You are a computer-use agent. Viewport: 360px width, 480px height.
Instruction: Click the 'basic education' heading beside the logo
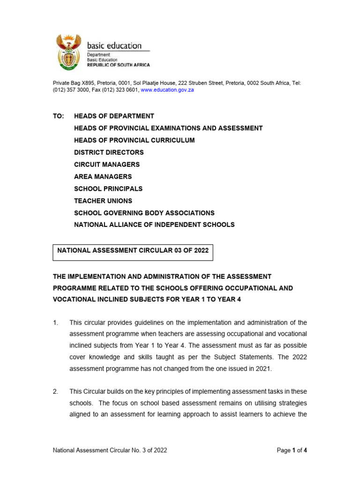pos(114,45)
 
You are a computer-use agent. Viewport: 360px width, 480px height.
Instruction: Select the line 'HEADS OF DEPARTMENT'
pos(114,116)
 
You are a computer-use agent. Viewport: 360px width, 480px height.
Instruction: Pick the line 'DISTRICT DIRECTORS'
pos(109,152)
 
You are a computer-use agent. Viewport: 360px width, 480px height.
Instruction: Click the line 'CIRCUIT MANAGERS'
pos(107,165)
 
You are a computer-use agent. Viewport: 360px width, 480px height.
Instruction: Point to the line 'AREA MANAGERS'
pos(103,177)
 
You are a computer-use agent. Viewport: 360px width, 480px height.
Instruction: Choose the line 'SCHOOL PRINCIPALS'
pos(108,189)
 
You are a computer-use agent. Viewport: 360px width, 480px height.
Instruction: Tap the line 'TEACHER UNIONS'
pos(103,201)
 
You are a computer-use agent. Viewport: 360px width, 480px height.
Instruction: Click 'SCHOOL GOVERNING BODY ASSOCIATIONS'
pos(144,213)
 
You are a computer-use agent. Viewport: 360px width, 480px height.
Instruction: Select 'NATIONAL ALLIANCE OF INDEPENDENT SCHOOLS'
pos(154,225)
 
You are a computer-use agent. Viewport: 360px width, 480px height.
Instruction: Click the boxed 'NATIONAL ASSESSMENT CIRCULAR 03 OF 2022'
pos(133,251)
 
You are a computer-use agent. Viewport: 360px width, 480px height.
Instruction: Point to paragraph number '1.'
pos(55,322)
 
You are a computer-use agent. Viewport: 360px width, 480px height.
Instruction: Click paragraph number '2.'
pos(55,391)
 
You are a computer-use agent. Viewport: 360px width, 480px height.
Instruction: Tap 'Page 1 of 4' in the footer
pos(292,450)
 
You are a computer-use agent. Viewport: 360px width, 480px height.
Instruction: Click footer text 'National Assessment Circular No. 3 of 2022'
pos(110,450)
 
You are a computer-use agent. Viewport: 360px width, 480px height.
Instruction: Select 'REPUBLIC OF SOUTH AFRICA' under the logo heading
pos(119,65)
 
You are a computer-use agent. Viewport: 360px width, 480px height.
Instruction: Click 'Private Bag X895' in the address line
pos(73,83)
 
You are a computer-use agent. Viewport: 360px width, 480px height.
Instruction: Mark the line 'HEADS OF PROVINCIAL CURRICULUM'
pos(134,140)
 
